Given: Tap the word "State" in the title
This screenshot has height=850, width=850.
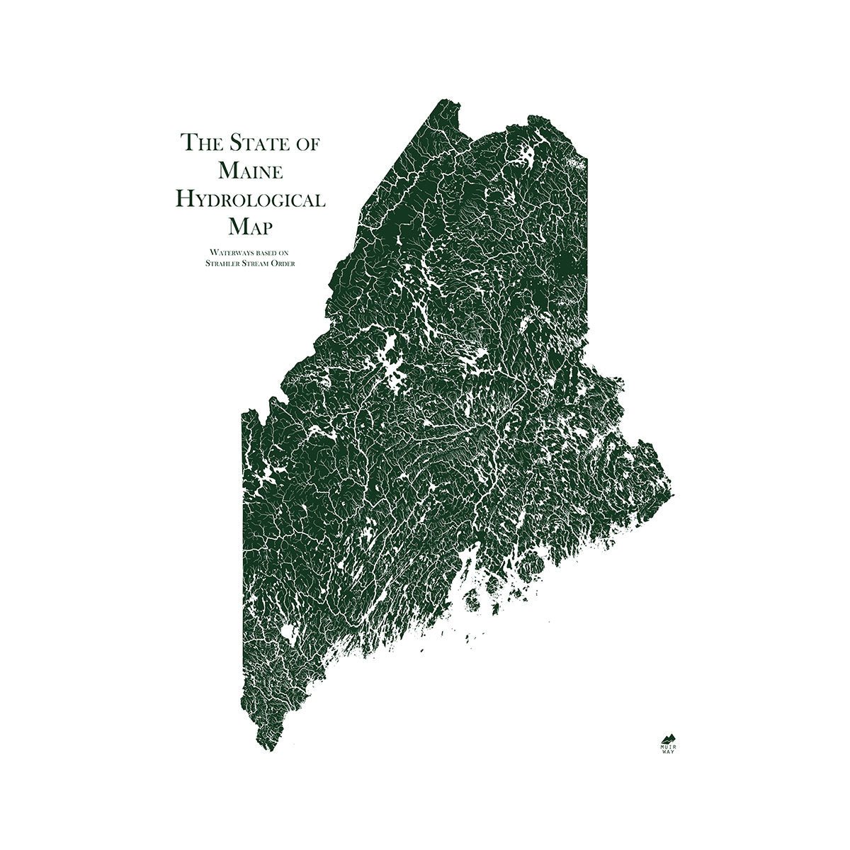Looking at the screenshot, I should (x=251, y=142).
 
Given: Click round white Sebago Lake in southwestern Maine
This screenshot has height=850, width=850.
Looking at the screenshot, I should (x=288, y=631).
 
